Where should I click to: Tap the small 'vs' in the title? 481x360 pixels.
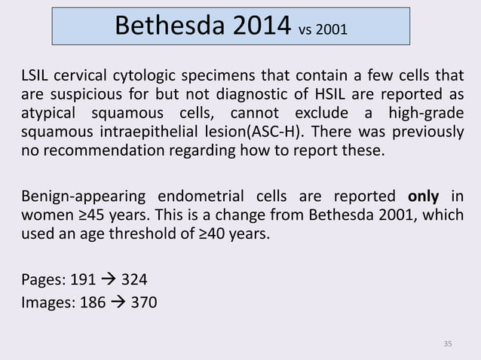[x=308, y=31]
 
